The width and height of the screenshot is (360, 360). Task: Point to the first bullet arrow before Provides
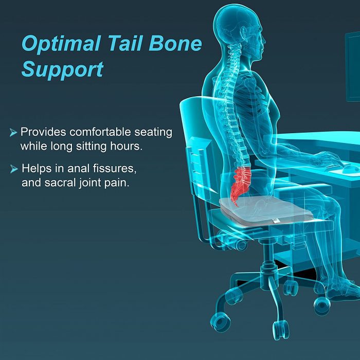click(x=13, y=133)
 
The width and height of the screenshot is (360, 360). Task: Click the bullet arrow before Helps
click(x=13, y=168)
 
